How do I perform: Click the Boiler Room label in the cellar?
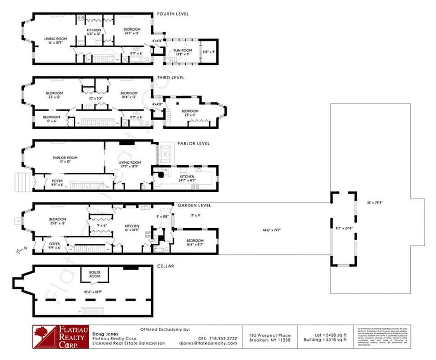pyautogui.click(x=94, y=274)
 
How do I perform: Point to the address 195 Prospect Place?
pyautogui.click(x=270, y=335)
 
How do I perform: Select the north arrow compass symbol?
pyautogui.click(x=19, y=250)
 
